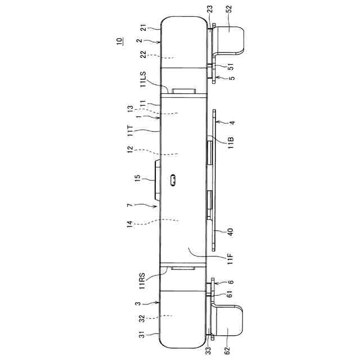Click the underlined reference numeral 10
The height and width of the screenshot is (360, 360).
click(x=119, y=41)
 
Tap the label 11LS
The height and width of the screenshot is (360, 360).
click(x=142, y=79)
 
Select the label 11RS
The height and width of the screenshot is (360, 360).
click(x=142, y=280)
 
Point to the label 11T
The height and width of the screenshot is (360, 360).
click(x=130, y=130)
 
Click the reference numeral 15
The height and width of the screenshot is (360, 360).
click(x=137, y=178)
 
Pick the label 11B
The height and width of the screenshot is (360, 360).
click(x=231, y=142)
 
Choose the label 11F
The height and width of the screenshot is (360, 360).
click(x=230, y=259)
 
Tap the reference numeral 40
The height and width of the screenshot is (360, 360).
click(x=230, y=231)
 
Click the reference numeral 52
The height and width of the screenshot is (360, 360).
click(x=229, y=9)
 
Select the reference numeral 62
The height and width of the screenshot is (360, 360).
click(x=227, y=350)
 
